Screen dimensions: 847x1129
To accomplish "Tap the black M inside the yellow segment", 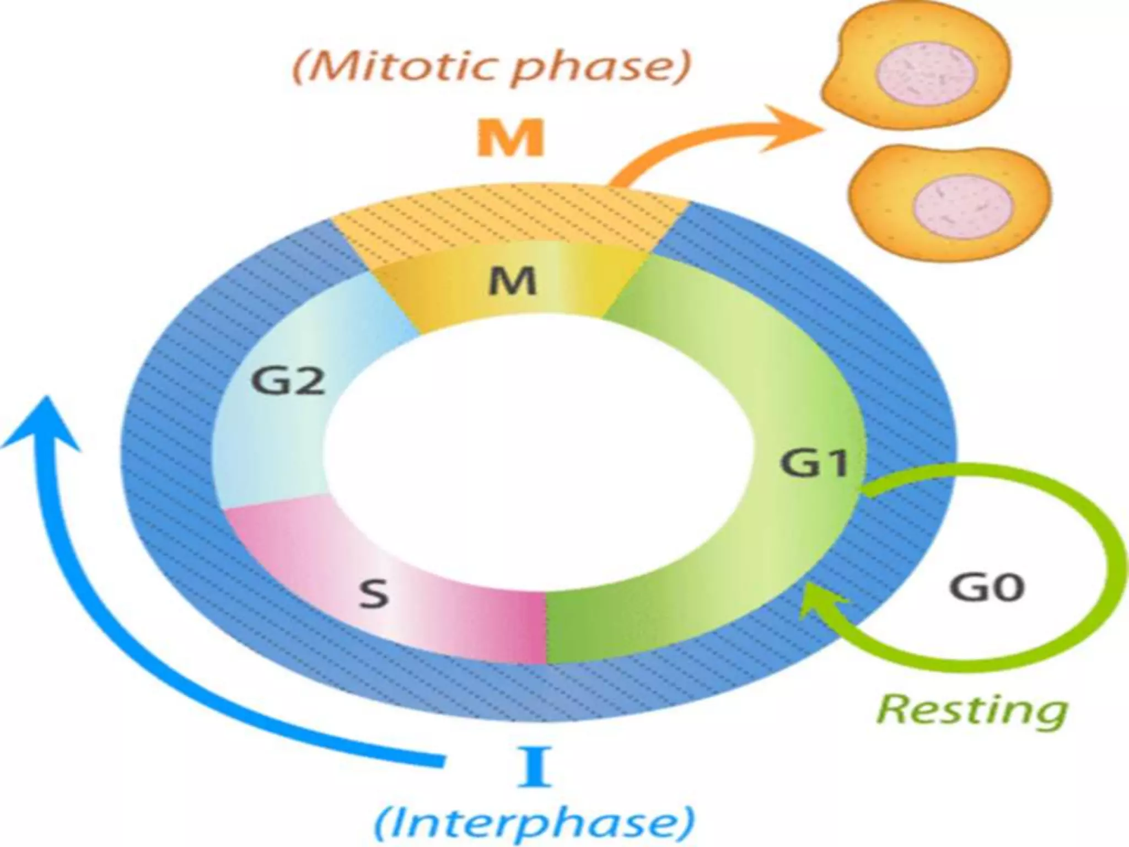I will coord(513,282).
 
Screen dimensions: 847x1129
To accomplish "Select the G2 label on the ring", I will coord(288,380).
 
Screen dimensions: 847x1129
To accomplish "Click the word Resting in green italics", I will coord(971,710).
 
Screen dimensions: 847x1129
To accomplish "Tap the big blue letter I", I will coord(534,766).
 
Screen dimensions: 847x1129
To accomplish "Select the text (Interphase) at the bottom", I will coord(534,824).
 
